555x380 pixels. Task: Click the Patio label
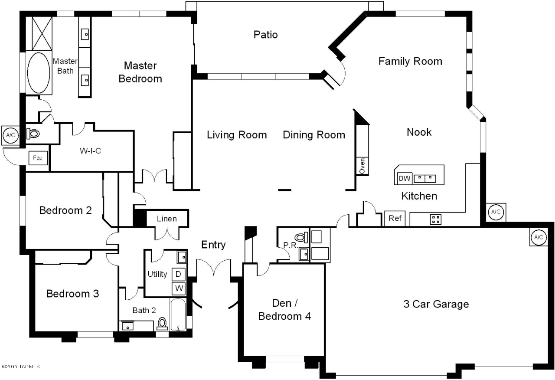point(265,35)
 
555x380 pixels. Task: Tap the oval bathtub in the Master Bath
point(39,72)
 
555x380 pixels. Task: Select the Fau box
point(38,158)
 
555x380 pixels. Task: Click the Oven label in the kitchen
point(362,166)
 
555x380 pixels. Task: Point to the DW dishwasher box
point(405,178)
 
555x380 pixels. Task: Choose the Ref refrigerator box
point(395,218)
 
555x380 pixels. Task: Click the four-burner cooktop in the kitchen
point(436,219)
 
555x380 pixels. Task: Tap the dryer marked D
point(178,274)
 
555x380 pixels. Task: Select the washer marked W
point(179,288)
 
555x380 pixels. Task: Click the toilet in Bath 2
point(162,324)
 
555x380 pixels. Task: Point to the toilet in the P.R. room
point(301,237)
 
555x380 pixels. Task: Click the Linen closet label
point(167,219)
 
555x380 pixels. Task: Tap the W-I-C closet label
point(91,151)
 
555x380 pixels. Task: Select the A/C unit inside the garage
point(539,237)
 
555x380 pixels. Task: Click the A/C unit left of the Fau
point(10,135)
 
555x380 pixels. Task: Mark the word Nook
point(419,132)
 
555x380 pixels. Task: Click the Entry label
point(213,245)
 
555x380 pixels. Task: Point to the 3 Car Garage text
point(436,304)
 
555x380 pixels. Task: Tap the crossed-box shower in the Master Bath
point(42,33)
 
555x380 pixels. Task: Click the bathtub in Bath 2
point(178,315)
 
